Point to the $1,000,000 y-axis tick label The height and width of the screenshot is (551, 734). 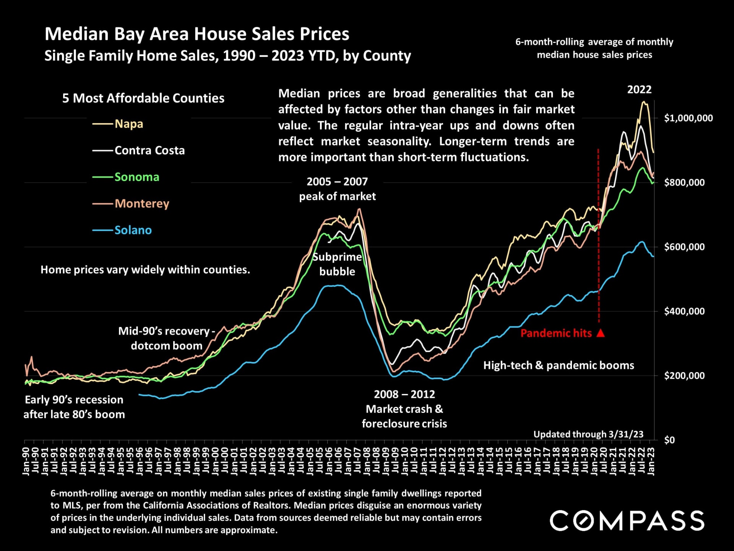tap(688, 118)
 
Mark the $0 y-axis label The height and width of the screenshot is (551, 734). tap(669, 440)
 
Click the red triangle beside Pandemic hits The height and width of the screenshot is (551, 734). tap(601, 333)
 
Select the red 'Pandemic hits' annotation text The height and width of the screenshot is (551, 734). tap(556, 333)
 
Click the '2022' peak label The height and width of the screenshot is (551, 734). tap(639, 90)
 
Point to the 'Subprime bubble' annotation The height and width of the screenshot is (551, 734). tap(337, 264)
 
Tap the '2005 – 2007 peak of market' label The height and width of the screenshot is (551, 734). tap(337, 189)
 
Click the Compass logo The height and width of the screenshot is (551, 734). tap(627, 520)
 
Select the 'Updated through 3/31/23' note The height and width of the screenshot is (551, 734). tap(588, 434)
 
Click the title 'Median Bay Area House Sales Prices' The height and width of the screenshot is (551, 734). tap(197, 34)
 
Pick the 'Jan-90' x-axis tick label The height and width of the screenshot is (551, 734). tap(26, 461)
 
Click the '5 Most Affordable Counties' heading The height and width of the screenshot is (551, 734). tap(143, 98)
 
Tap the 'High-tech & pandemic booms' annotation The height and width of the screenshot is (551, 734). tap(559, 365)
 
